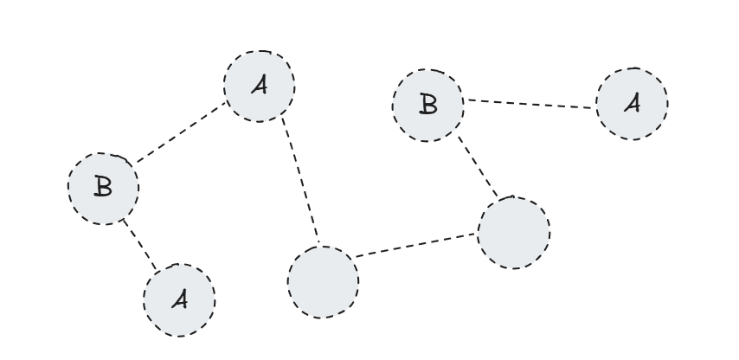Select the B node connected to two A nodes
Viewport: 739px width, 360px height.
103,188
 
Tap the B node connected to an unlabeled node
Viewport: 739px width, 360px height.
427,104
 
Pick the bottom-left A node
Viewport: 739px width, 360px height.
178,299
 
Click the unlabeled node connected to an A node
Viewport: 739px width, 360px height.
322,281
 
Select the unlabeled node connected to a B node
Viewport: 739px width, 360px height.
513,232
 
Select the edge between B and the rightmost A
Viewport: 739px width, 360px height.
530,103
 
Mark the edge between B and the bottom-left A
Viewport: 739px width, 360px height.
141,244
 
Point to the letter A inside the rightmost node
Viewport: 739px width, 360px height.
632,104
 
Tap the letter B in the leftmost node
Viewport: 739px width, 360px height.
103,188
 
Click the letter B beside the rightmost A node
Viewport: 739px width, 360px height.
427,104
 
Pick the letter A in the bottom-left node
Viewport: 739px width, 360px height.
178,299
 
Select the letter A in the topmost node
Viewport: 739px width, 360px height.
259,87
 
